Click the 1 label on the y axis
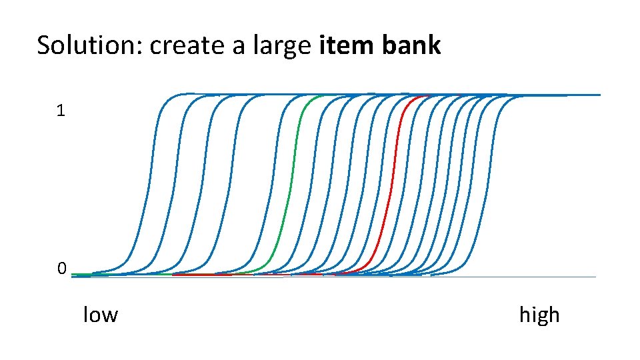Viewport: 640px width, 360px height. (x=61, y=111)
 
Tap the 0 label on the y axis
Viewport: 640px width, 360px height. (x=61, y=269)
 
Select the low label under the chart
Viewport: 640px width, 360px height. (x=100, y=314)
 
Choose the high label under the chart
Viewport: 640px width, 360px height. (x=539, y=315)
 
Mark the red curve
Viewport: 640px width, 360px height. (x=389, y=187)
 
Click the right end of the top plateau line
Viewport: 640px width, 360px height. (x=599, y=95)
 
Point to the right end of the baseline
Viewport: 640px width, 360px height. (x=595, y=277)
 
